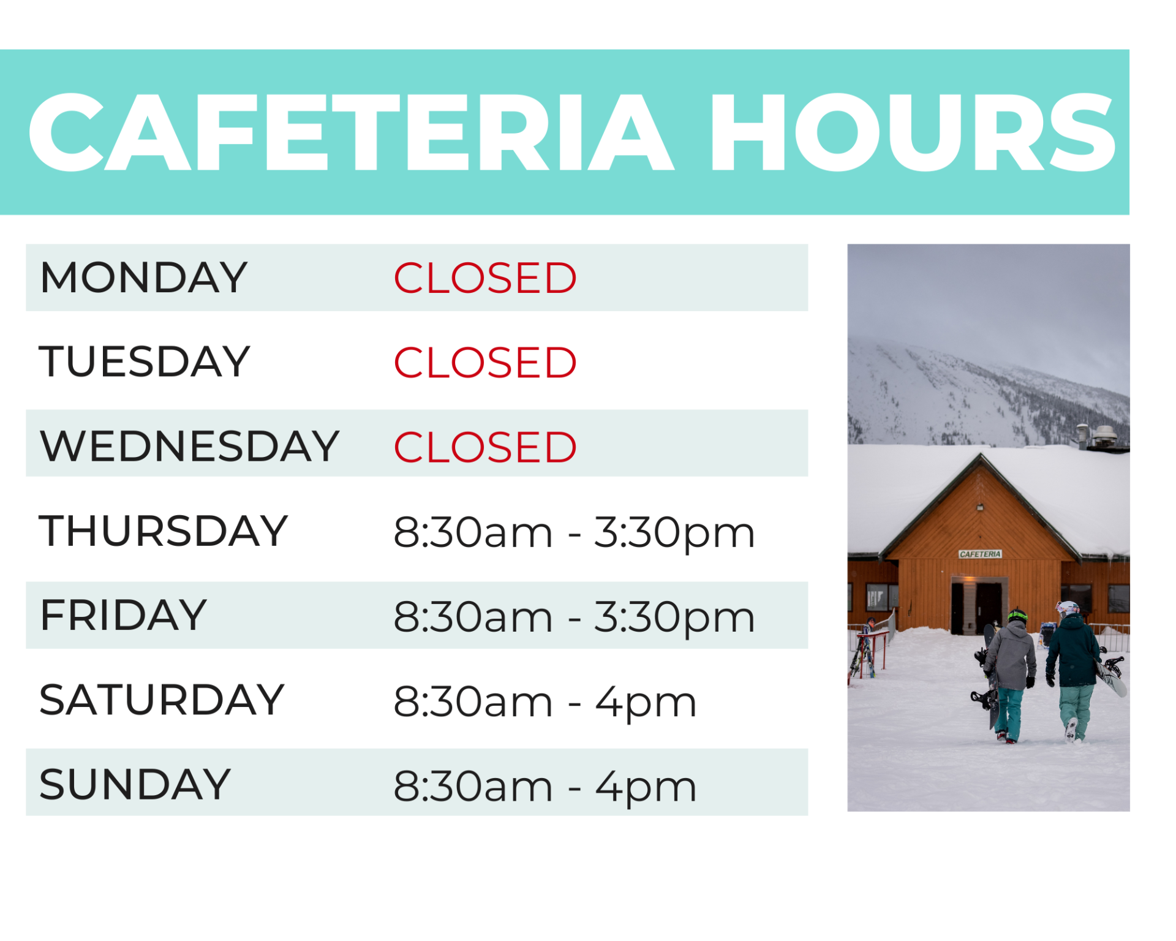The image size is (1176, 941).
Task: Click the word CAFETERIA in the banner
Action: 351,132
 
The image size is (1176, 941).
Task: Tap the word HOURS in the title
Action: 913,132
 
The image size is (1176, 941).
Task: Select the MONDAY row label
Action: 143,278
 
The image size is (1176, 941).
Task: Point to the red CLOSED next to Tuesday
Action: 484,362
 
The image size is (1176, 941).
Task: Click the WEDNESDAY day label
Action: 189,446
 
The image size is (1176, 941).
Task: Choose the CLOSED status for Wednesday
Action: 484,447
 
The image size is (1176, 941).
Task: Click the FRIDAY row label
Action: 123,615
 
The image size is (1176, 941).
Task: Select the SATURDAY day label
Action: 162,700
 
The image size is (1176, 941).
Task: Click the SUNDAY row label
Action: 135,784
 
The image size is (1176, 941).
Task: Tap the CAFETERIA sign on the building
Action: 980,554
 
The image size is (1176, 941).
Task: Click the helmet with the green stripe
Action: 1017,615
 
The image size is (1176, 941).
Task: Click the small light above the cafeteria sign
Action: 980,507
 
